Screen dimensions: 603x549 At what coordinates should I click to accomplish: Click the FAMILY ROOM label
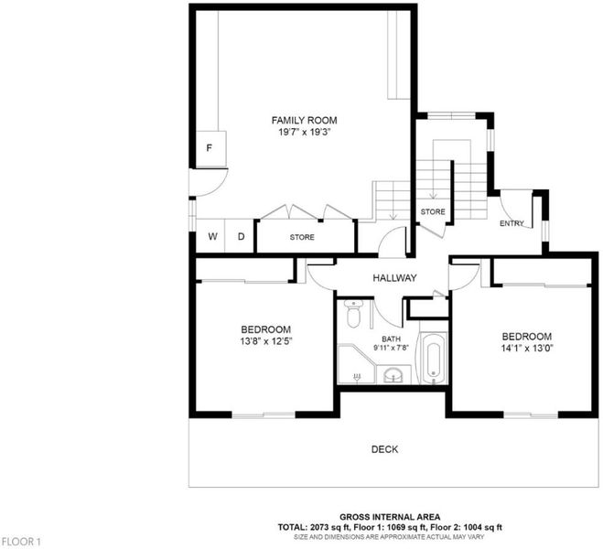point(304,121)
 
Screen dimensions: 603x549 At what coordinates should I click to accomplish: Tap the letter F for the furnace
point(210,148)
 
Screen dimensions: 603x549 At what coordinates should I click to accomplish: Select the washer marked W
point(212,236)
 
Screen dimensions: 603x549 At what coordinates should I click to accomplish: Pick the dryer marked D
point(242,236)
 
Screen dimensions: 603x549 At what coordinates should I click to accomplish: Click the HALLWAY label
point(394,278)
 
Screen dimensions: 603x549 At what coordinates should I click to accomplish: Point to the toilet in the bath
point(353,314)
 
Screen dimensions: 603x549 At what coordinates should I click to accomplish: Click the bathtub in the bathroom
point(433,359)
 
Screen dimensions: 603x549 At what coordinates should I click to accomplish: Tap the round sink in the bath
point(393,374)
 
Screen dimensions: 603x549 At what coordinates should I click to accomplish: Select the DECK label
point(384,449)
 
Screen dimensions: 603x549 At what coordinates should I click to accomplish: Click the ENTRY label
point(511,223)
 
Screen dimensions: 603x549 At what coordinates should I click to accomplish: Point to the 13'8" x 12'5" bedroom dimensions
point(266,341)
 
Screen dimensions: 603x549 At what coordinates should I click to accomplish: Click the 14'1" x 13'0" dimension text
point(527,349)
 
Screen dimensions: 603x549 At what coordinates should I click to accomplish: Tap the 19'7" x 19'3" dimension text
point(305,133)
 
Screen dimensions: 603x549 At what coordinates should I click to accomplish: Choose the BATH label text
point(391,339)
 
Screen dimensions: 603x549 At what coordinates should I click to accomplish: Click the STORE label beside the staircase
point(433,212)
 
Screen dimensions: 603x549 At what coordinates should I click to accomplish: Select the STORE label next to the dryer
point(302,237)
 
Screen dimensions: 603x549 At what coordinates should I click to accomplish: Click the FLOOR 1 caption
point(20,542)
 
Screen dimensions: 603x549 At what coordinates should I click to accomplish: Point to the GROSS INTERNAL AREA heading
point(390,517)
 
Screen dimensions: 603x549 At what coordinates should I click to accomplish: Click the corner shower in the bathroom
point(356,363)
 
